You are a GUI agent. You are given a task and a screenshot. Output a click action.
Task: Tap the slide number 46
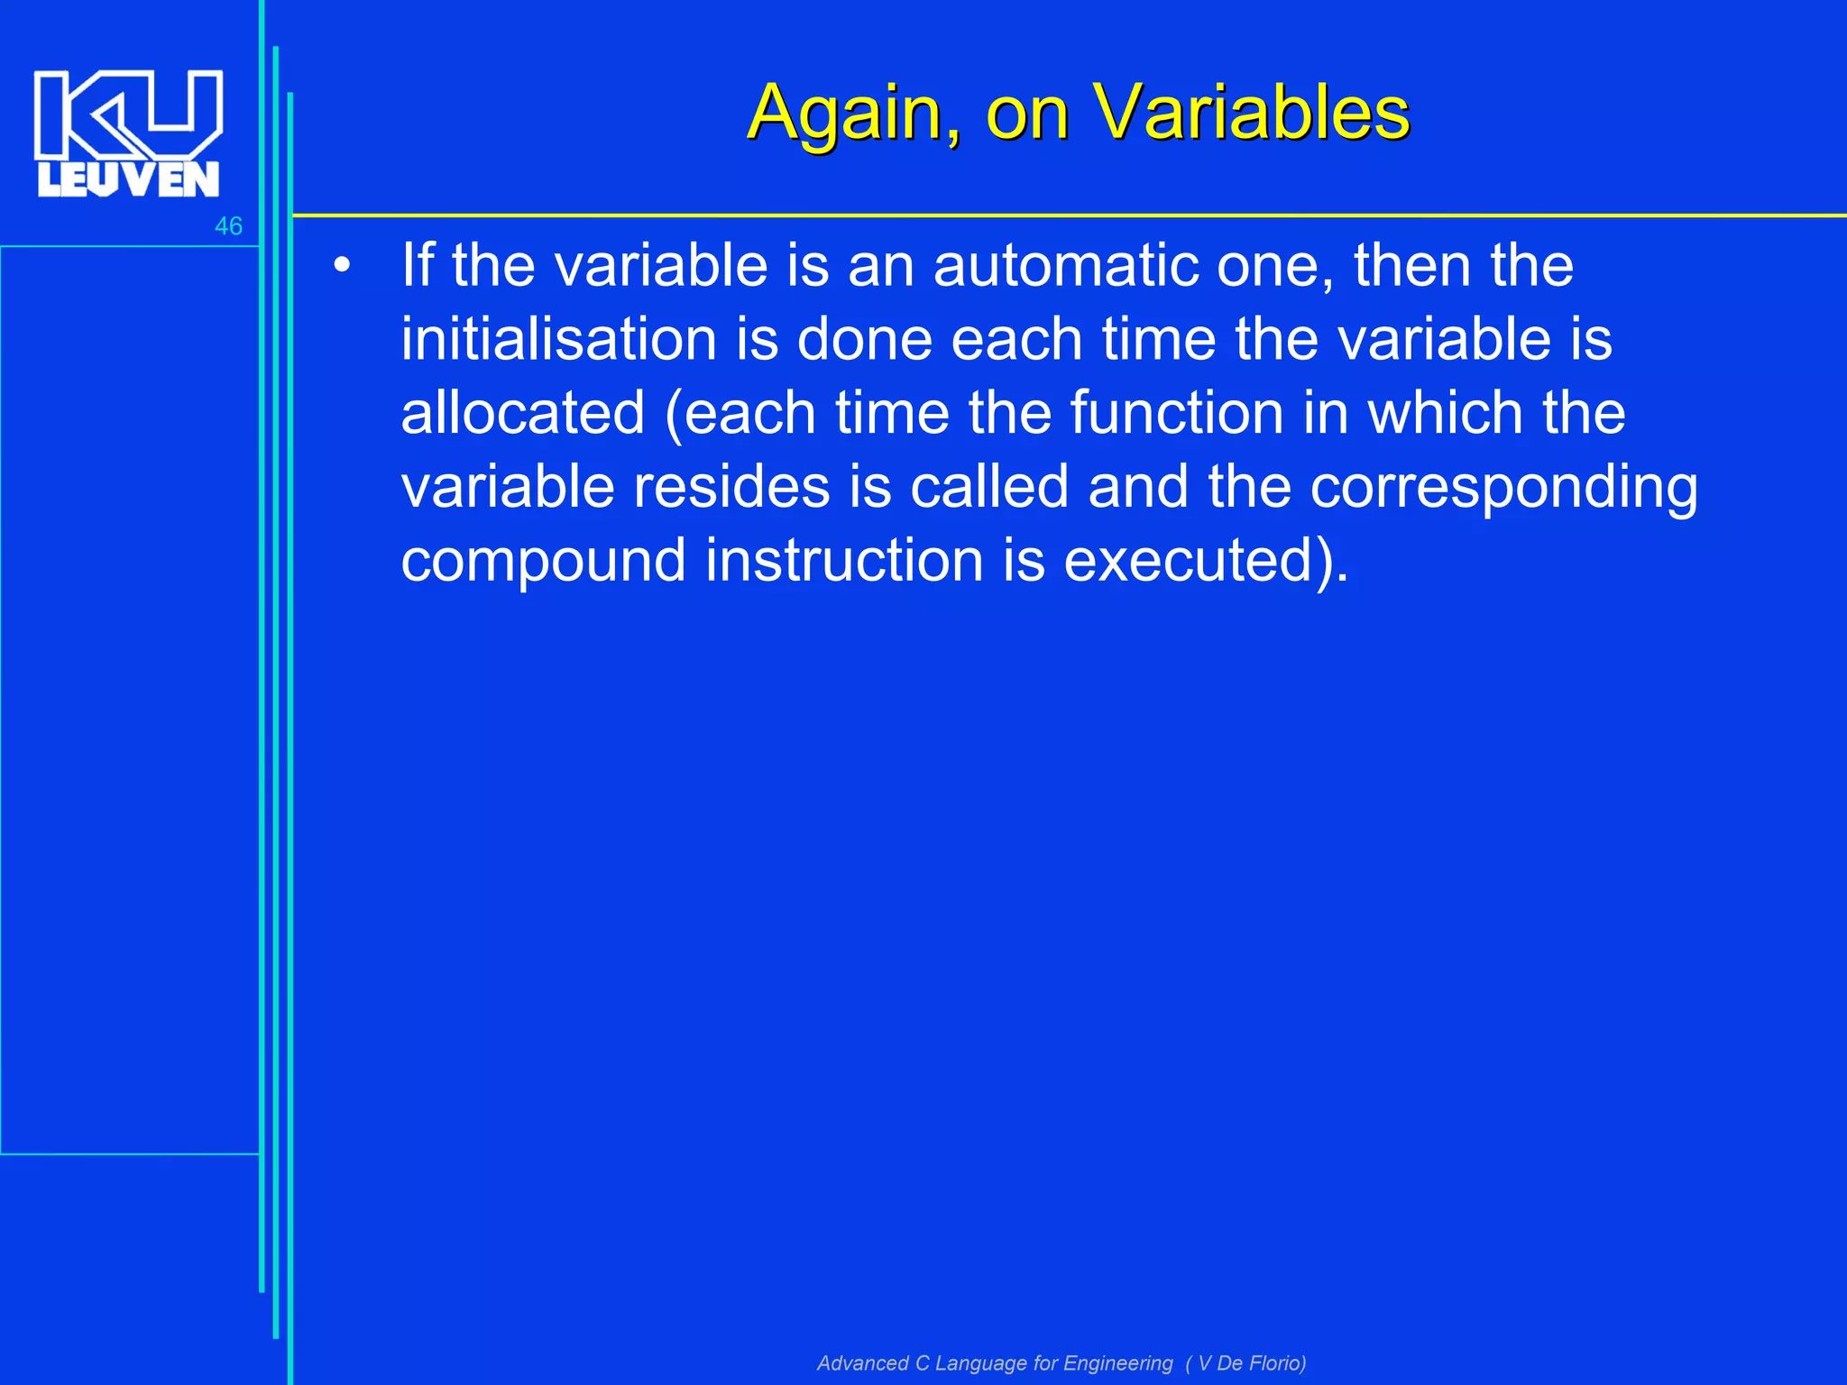pyautogui.click(x=228, y=226)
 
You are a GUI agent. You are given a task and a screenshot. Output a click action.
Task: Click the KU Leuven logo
pyautogui.click(x=128, y=133)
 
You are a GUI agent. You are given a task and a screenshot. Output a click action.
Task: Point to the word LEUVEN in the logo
pyautogui.click(x=128, y=179)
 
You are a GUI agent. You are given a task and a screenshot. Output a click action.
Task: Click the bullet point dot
pyautogui.click(x=341, y=266)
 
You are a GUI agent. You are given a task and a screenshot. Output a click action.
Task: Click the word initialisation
pyautogui.click(x=559, y=340)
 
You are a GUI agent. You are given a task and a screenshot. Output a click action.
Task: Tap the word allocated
pyautogui.click(x=523, y=414)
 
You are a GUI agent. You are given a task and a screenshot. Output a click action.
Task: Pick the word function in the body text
pyautogui.click(x=1177, y=414)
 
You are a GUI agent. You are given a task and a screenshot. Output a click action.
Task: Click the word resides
pyautogui.click(x=731, y=487)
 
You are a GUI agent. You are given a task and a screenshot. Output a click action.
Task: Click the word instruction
pyautogui.click(x=844, y=561)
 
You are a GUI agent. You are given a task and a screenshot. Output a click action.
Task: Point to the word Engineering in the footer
pyautogui.click(x=1117, y=1363)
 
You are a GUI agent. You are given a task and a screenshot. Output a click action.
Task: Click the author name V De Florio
pyautogui.click(x=1252, y=1363)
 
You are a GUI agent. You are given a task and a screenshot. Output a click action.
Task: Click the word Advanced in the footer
pyautogui.click(x=862, y=1363)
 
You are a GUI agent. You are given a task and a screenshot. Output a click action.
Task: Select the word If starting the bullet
pyautogui.click(x=418, y=266)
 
